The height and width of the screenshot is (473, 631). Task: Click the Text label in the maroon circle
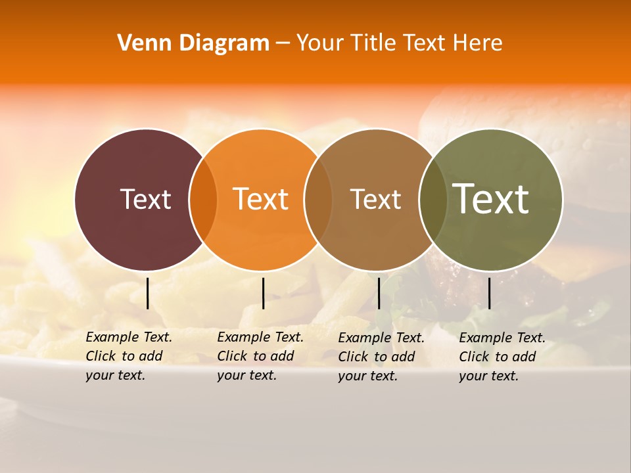point(145,199)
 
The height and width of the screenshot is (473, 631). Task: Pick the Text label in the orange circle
point(261,199)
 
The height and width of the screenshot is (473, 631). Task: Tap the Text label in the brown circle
point(375,199)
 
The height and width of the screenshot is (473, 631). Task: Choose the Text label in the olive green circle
point(491,198)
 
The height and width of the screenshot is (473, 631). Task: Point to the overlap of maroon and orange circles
point(203,199)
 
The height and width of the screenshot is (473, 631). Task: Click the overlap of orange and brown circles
point(318,199)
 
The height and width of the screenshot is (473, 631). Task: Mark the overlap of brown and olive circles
point(432,199)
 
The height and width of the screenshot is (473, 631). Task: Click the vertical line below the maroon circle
point(148,293)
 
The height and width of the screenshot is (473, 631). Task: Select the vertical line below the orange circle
point(263,293)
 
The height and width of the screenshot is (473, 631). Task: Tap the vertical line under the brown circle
point(379,293)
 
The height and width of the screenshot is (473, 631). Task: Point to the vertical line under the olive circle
point(490,293)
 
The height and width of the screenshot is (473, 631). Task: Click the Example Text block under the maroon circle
point(128,356)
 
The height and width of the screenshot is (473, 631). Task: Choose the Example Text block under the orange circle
point(260,356)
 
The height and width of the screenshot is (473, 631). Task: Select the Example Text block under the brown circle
point(381,357)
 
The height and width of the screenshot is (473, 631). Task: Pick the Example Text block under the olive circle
point(502,357)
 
